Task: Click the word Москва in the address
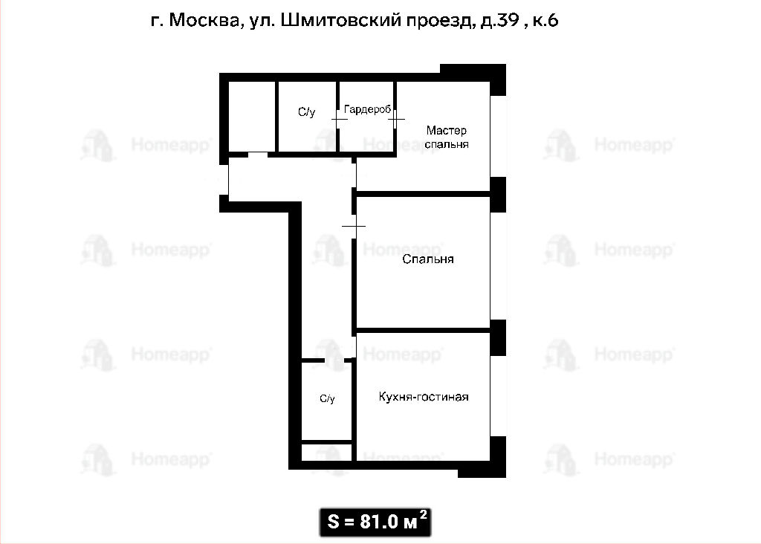tap(204, 20)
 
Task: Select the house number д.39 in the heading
tap(500, 20)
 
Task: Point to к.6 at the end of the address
tap(545, 20)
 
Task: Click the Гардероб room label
tap(367, 110)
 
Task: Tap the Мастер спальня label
tap(447, 137)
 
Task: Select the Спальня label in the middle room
tap(428, 259)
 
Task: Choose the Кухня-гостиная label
tap(424, 397)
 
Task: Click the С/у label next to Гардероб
tap(307, 112)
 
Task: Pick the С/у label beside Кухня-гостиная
tap(327, 399)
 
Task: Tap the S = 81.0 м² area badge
tap(375, 522)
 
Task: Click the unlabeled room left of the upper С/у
tap(252, 117)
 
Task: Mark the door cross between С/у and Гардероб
tap(338, 119)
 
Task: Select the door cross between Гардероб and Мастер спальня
tap(396, 119)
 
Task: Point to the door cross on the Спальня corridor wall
tap(354, 226)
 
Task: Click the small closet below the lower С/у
tap(327, 452)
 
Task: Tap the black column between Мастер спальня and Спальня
tap(498, 194)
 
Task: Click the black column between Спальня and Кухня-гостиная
tap(498, 337)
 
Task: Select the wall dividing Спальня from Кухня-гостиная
tap(423, 331)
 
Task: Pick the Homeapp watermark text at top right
tap(634, 145)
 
